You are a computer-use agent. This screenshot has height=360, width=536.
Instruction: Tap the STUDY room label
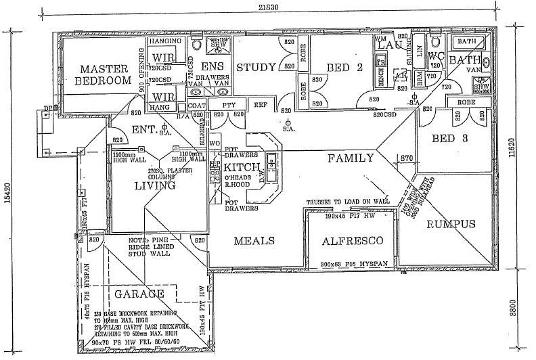pos(256,67)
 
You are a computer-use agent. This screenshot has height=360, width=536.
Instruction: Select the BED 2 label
pos(345,66)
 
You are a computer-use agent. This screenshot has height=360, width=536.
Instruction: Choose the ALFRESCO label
pos(352,241)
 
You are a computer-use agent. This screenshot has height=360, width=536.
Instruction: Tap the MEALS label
pos(254,241)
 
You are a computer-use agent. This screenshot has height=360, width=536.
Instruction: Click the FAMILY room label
pos(351,158)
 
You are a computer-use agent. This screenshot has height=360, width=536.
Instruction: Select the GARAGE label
pos(139,294)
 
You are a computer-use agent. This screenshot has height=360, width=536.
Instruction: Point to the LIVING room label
pos(155,185)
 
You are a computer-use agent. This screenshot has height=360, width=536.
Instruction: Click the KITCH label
pos(239,167)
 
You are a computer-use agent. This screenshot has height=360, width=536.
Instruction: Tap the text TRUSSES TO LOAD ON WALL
pos(348,202)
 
